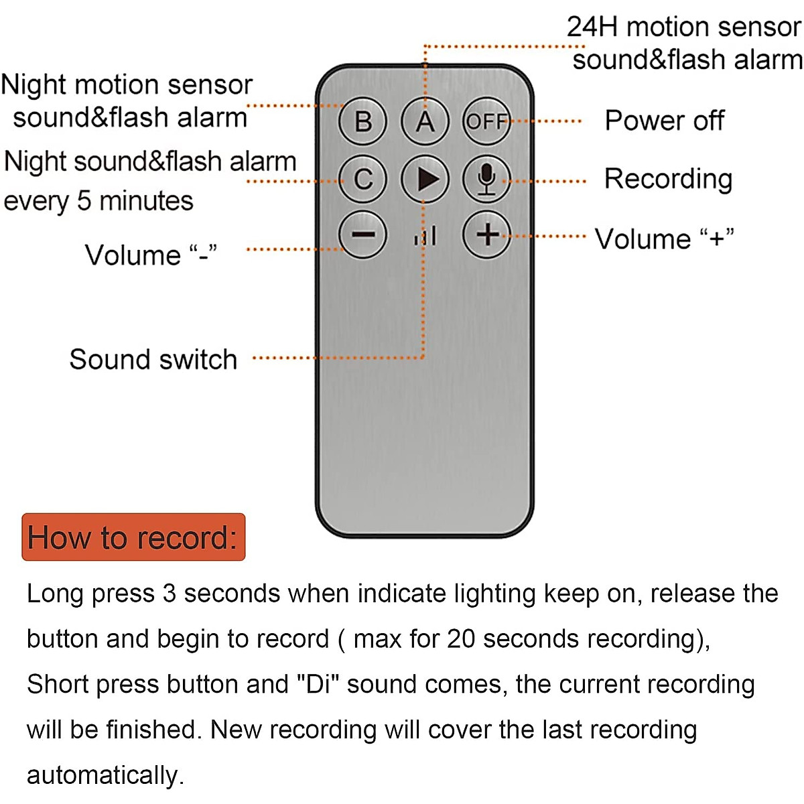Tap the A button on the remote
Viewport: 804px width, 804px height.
[x=425, y=121]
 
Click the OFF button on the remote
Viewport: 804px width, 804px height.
[x=486, y=121]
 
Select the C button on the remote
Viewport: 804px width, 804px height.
[x=363, y=179]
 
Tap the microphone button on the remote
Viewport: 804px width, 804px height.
[x=486, y=179]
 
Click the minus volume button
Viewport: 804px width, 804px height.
[x=363, y=234]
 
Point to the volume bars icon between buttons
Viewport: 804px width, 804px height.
[x=425, y=236]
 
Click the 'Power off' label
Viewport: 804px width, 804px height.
[x=664, y=121]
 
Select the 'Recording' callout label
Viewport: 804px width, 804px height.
[x=668, y=180]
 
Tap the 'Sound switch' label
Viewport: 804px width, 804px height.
[x=153, y=359]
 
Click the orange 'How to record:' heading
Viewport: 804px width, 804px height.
[x=133, y=537]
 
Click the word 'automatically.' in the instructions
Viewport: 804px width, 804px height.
[x=106, y=775]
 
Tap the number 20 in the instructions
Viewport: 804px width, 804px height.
[x=461, y=639]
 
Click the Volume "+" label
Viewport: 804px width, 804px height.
[x=664, y=239]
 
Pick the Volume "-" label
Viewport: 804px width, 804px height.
[x=151, y=255]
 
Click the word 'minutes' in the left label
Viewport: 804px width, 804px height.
[x=147, y=201]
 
